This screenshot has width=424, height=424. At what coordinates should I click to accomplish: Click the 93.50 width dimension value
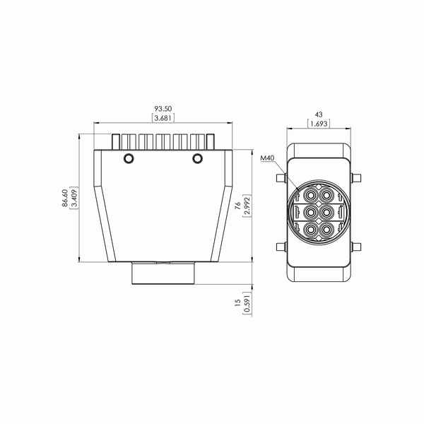pos(163,109)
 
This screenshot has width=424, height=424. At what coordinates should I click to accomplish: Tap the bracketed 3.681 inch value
pos(163,118)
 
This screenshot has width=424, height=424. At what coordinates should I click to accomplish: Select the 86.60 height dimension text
pos(65,198)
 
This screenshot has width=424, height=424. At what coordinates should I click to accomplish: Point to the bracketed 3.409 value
pos(74,198)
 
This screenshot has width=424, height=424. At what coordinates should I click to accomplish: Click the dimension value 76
pos(237,206)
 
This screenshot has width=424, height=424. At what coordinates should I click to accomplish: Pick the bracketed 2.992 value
pos(247,206)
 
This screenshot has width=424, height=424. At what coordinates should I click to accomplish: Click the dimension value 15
pos(237,302)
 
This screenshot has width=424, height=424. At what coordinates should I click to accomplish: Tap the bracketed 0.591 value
pos(247,302)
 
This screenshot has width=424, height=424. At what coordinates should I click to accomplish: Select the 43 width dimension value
pos(319,114)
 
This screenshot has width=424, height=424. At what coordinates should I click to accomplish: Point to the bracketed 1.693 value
pos(319,124)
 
